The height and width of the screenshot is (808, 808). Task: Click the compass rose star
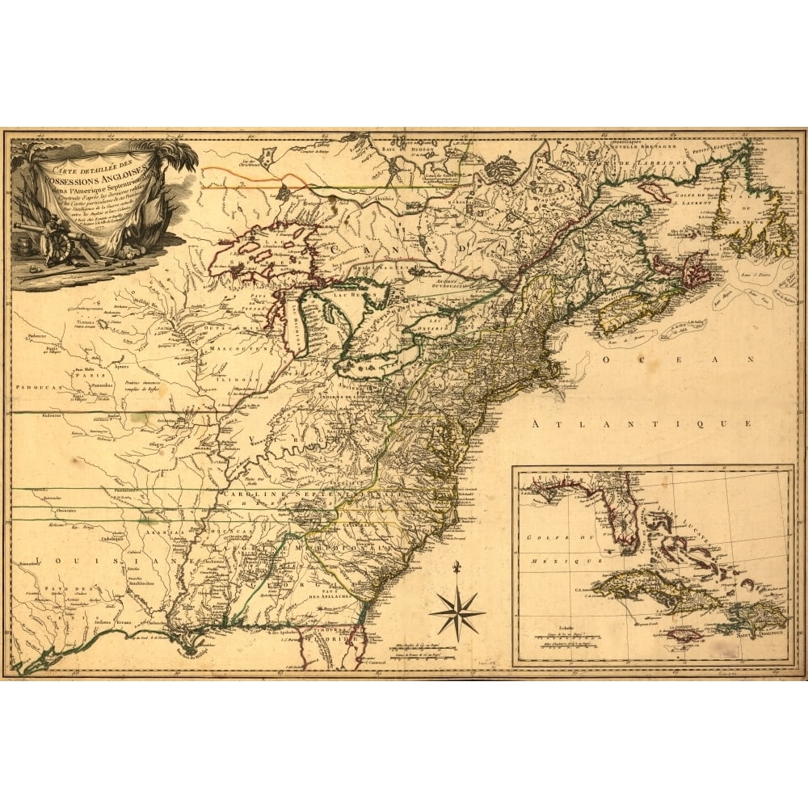457,612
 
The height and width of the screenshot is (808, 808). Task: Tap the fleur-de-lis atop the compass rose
457,566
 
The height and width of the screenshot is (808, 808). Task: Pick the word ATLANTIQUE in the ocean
642,423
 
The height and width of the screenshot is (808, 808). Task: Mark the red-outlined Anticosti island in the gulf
654,193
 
